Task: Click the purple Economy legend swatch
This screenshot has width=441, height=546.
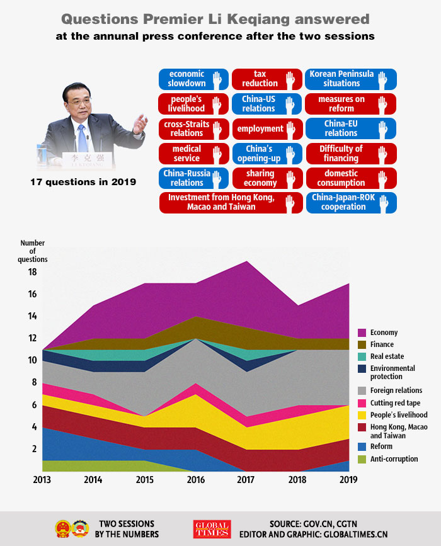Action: click(x=362, y=333)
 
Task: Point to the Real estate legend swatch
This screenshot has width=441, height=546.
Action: click(x=362, y=356)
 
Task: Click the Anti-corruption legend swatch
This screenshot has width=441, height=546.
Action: click(x=362, y=459)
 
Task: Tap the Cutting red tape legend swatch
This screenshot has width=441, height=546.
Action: click(x=362, y=403)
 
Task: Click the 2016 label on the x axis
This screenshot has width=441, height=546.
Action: click(x=196, y=480)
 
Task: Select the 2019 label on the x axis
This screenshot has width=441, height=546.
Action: click(x=348, y=480)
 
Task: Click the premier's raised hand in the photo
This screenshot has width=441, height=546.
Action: click(x=140, y=121)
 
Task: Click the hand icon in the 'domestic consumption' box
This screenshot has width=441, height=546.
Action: click(x=384, y=178)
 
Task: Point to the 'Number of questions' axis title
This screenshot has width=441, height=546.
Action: click(x=32, y=251)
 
